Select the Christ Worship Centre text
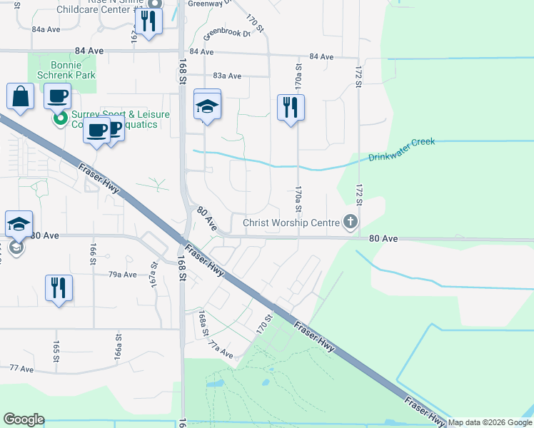click(291, 223)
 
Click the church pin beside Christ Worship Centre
click(350, 223)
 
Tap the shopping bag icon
click(21, 97)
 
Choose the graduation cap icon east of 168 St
click(207, 107)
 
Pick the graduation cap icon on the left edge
click(19, 225)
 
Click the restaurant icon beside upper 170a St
click(291, 108)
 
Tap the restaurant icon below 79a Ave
click(59, 288)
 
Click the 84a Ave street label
click(46, 29)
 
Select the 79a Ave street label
click(122, 274)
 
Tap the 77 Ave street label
click(21, 369)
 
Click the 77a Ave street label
click(221, 350)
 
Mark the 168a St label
click(203, 323)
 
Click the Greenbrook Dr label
click(227, 34)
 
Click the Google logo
click(24, 419)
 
